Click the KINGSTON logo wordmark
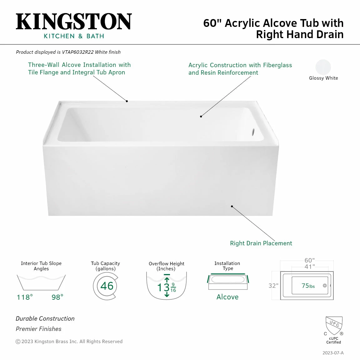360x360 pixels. (74, 22)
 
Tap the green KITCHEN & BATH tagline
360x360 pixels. (74, 36)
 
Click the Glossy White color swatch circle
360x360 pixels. (323, 67)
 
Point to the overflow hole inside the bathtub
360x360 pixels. (253, 132)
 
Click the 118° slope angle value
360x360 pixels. (25, 297)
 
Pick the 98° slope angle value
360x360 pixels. (57, 297)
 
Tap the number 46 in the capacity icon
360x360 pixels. (107, 286)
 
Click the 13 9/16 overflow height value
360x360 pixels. (167, 287)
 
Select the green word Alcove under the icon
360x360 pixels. (227, 297)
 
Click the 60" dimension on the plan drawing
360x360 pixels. (309, 260)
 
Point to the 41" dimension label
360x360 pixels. (309, 267)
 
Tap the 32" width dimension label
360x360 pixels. (273, 286)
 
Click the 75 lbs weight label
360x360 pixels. (308, 286)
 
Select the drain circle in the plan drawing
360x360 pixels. (325, 286)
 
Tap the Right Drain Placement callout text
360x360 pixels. (261, 243)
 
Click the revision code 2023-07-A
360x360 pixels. (333, 353)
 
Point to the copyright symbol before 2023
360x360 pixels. (18, 342)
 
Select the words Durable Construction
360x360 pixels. (45, 318)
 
